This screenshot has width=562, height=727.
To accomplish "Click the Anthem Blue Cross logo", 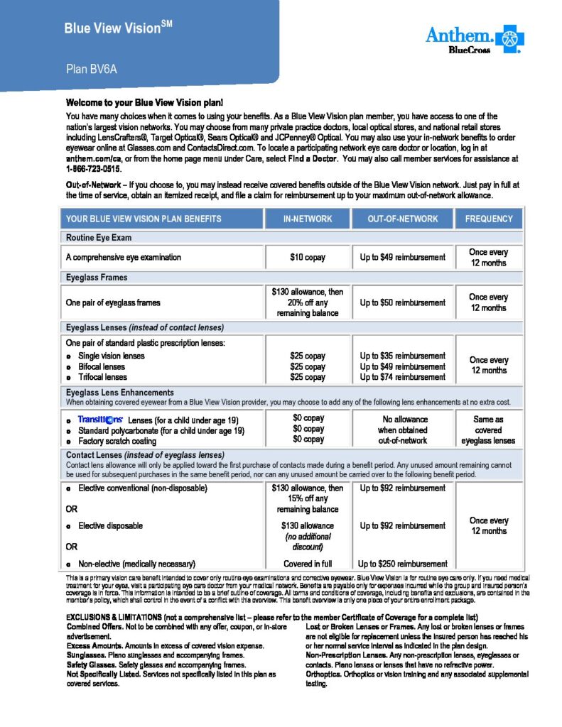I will coord(475,40).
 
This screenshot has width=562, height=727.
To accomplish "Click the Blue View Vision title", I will coord(118,28).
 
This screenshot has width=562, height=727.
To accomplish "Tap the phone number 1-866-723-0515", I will coord(94,170).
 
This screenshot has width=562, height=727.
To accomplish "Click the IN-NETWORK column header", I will coord(308,219).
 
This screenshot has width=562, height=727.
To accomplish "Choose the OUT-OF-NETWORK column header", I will coord(402,219).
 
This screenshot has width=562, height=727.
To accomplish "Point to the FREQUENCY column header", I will coord(488,219).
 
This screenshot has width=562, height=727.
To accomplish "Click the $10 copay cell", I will coord(308,258).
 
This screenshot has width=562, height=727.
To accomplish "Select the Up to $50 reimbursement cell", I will coord(402,302).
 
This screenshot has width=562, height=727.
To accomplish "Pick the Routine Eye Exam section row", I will coord(99,238).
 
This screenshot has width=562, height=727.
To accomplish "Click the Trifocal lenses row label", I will coord(102,377).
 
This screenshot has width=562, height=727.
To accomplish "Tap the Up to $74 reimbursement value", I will coord(402,377).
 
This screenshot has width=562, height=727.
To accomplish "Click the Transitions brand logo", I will coord(100,420).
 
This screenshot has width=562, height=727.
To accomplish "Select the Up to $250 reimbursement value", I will coord(403,564).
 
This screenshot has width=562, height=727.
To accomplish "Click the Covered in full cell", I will coord(308,564).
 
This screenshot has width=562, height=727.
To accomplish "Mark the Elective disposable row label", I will coord(110,526).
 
